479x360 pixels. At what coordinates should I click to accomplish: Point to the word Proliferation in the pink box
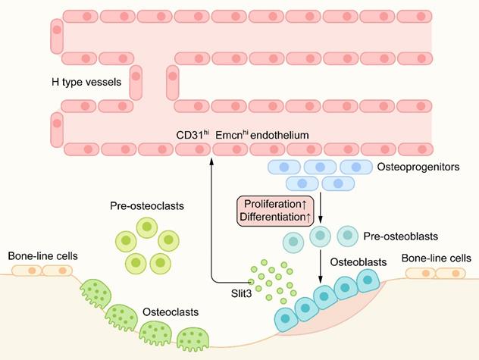pos(271,205)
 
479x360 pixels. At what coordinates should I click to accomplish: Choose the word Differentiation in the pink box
pos(271,218)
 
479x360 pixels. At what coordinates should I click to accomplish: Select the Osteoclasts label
pos(168,311)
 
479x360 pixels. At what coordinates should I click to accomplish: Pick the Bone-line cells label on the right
pos(437,258)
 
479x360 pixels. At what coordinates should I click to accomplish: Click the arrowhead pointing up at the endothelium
pos(208,149)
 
